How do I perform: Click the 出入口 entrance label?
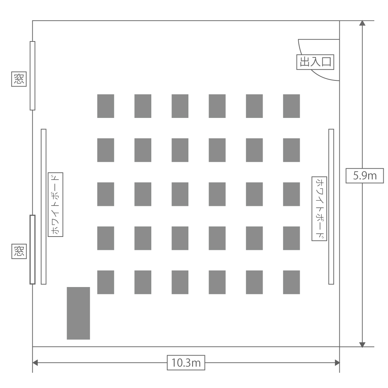click(315, 62)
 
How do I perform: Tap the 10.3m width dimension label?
click(186, 363)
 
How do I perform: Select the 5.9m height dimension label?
click(365, 176)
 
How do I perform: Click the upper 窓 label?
click(19, 79)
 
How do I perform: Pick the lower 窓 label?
click(19, 251)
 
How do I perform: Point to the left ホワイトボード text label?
click(55, 204)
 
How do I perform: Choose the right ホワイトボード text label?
click(319, 209)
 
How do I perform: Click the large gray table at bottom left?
click(79, 313)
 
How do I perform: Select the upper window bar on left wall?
click(32, 76)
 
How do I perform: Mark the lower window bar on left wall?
click(32, 250)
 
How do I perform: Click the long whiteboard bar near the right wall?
click(331, 207)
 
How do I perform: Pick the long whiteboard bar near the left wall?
click(44, 207)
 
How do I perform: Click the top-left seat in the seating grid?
click(106, 106)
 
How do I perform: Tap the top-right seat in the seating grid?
click(291, 106)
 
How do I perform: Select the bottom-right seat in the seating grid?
click(291, 282)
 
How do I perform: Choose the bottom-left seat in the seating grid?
click(106, 282)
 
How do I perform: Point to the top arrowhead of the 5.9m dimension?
click(362, 23)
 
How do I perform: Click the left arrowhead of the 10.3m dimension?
click(35, 363)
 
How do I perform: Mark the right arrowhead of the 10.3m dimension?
click(337, 363)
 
